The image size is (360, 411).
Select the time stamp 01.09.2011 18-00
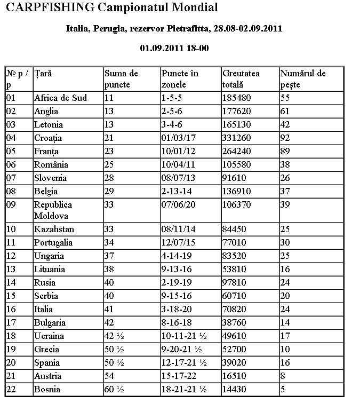(x=174, y=48)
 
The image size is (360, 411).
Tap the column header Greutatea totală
(x=241, y=78)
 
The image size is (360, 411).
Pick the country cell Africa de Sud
(x=60, y=98)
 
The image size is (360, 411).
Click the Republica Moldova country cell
(x=53, y=210)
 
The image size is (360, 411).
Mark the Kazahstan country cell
(x=54, y=230)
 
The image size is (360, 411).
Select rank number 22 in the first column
(x=11, y=390)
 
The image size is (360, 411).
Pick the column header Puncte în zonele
(x=181, y=78)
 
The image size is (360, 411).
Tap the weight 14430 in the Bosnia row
(x=235, y=390)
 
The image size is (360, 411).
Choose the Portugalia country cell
(x=53, y=243)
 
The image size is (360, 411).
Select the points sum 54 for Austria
(x=109, y=376)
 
